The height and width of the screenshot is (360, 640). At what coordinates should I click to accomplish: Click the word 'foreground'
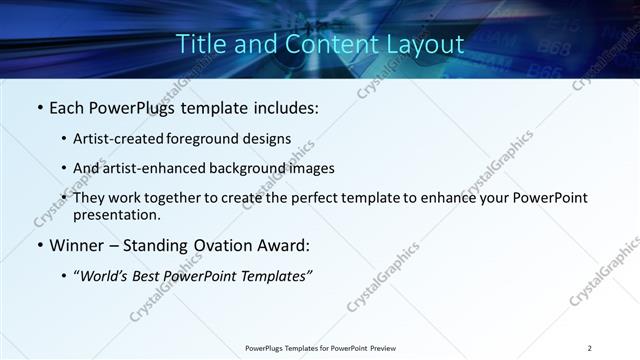[x=213, y=138]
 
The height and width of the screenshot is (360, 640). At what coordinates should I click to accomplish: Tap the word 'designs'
[x=270, y=138]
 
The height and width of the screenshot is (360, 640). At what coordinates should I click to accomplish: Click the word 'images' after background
[x=310, y=168]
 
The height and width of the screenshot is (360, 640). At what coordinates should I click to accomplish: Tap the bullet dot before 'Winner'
[x=39, y=245]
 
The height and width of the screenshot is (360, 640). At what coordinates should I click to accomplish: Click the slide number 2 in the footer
[x=590, y=348]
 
